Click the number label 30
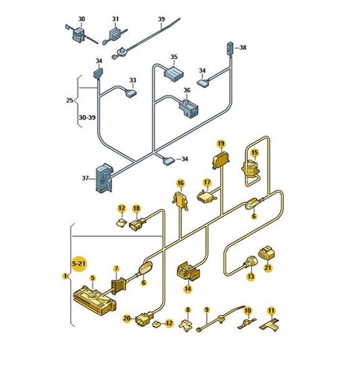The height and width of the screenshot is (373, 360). [81, 19]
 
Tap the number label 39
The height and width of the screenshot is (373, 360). [161, 19]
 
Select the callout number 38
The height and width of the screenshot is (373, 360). [243, 47]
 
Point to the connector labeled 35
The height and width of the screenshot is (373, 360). [173, 73]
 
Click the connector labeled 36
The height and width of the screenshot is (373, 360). [189, 107]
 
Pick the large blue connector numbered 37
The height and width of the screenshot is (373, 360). [105, 178]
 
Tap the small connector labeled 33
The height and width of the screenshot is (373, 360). [131, 93]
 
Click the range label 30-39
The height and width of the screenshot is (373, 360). [87, 117]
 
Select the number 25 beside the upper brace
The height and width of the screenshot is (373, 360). [70, 100]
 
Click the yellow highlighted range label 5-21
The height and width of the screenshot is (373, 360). [78, 263]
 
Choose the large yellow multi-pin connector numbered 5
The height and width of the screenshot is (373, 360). [95, 301]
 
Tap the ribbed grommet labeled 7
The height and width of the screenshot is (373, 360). [119, 287]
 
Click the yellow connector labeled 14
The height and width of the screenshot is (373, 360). [188, 272]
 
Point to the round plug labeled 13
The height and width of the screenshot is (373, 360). [252, 263]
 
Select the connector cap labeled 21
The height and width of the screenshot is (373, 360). [267, 253]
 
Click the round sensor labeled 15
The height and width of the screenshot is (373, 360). [250, 169]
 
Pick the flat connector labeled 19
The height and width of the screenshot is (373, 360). [221, 160]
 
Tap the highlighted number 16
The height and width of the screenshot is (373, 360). [181, 184]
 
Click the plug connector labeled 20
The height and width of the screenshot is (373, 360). [144, 318]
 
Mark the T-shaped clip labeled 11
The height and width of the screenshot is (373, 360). [270, 325]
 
